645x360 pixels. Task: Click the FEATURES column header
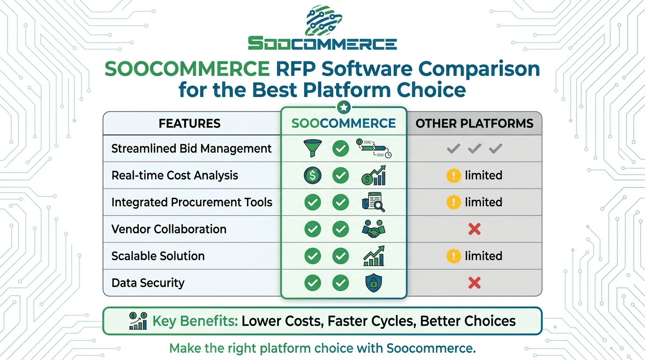coord(189,123)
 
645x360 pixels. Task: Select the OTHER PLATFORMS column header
coord(474,123)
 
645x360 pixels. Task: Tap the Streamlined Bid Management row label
coord(191,149)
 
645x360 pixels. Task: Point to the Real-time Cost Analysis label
coord(174,176)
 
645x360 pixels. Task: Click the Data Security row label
coord(148,283)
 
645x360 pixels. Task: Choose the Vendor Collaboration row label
coord(169,229)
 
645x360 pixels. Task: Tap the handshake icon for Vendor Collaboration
coord(374,229)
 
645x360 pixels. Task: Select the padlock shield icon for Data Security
coord(374,283)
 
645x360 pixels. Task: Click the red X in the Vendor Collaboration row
coord(474,229)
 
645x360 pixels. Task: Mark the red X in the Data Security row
coord(474,283)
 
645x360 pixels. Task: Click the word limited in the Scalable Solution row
coord(483,256)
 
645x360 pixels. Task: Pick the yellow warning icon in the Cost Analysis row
coord(454,176)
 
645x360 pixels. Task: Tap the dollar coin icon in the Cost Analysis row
coord(312,176)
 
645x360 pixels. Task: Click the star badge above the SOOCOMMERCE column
coord(344,107)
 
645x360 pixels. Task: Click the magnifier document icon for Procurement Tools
coord(374,202)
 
